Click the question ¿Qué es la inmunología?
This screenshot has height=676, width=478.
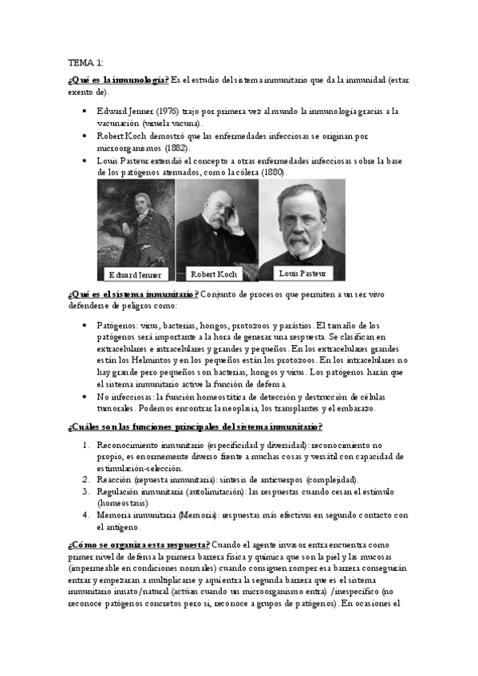pos(117,79)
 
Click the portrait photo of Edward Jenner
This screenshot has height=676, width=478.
pos(136,223)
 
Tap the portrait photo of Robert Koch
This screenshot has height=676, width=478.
pos(217,223)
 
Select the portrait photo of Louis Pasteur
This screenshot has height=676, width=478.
pos(302,223)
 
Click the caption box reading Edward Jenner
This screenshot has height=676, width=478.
pos(136,275)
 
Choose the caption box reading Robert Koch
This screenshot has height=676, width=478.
pos(215,274)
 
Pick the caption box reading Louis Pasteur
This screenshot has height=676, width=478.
pos(302,273)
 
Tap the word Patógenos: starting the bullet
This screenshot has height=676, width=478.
pos(116,325)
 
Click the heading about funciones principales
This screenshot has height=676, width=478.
pos(196,426)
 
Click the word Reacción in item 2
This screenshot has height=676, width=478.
pos(115,480)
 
